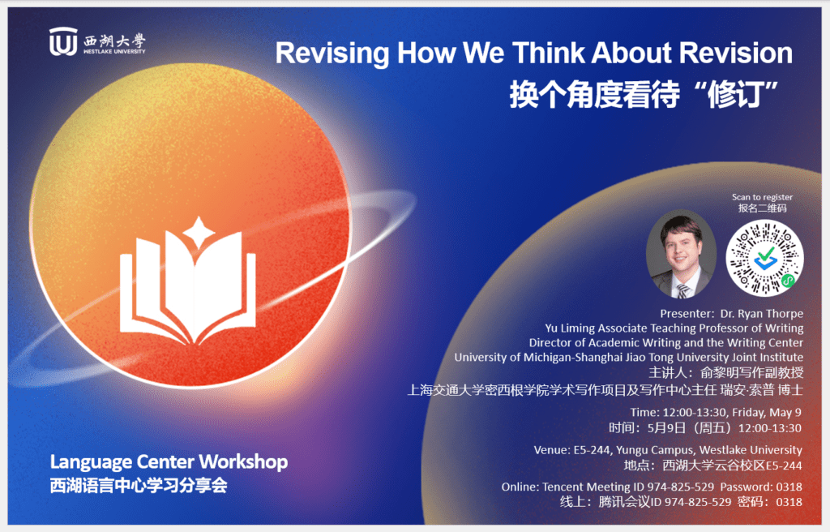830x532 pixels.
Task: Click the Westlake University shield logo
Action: point(63,41)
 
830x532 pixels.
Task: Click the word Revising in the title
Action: point(332,54)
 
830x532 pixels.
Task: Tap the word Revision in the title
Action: point(736,53)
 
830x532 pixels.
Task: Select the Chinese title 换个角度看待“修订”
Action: point(644,94)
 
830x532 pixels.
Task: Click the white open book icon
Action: point(188,289)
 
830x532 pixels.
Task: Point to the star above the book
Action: point(199,233)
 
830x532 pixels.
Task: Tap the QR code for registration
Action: point(764,258)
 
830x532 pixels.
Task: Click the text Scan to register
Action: point(762,197)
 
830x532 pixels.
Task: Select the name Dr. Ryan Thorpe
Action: point(762,314)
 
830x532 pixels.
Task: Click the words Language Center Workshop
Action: point(169,462)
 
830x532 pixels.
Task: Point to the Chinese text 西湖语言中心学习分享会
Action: point(139,486)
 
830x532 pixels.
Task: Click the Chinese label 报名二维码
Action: point(762,208)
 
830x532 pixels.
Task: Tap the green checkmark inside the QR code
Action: point(765,255)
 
